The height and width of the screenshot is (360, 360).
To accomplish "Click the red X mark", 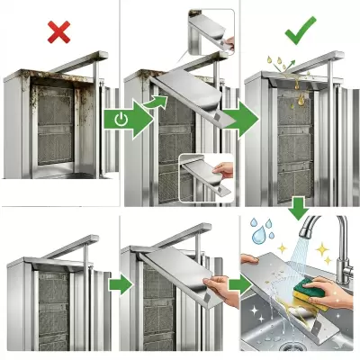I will [x=59, y=33].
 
